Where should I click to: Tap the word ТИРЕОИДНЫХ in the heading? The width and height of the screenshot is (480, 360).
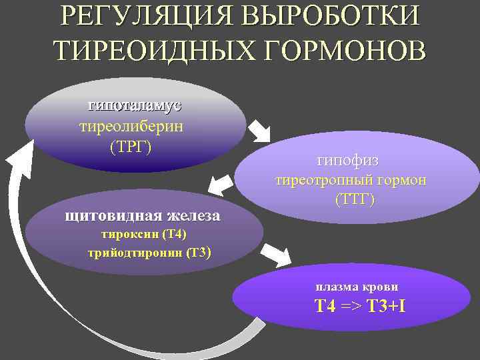pos(151,51)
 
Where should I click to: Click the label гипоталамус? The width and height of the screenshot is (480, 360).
pos(135,106)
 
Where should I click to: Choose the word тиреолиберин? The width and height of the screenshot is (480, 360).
pos(131,127)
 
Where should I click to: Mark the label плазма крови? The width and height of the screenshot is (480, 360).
pos(357,287)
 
